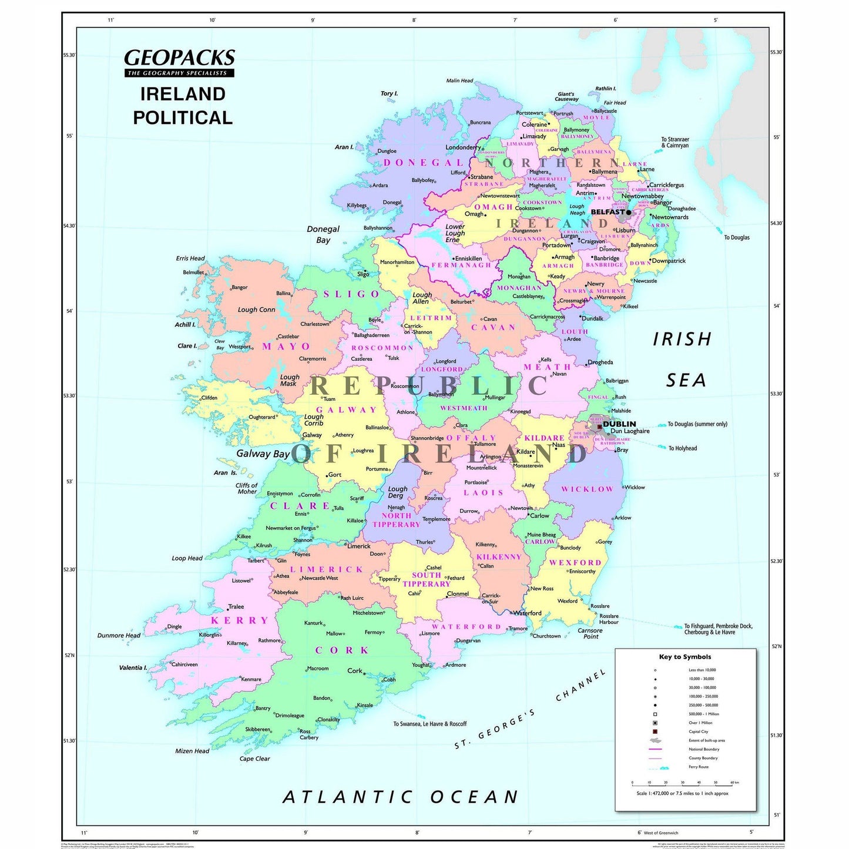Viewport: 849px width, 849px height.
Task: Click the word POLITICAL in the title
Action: pos(183,118)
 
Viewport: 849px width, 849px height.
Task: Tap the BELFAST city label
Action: pos(608,212)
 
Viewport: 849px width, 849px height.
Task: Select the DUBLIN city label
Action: pos(619,424)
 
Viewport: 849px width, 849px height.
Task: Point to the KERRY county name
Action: pos(240,620)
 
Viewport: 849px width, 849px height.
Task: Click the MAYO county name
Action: pos(286,347)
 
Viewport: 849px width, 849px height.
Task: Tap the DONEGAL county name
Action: pos(424,163)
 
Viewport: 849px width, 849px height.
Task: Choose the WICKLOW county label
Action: pos(587,489)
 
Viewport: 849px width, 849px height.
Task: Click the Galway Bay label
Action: pos(263,454)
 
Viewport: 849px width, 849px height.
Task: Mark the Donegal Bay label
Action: pos(323,234)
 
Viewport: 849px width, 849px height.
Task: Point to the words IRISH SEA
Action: pos(683,360)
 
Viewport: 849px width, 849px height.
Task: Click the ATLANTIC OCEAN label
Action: pos(401,797)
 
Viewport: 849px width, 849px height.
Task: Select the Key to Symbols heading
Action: pos(685,657)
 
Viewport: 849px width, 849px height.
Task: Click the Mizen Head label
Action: pos(192,751)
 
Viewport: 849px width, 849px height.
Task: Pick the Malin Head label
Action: pos(459,80)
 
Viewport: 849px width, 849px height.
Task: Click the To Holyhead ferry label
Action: pos(682,448)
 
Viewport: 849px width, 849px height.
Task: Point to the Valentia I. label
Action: pos(133,667)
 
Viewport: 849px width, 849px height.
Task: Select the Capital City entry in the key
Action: pos(698,731)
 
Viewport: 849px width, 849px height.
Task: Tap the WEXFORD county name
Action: pos(575,563)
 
